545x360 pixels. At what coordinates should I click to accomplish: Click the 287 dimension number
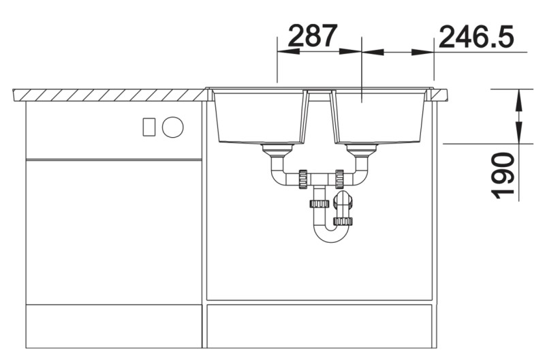[313, 35]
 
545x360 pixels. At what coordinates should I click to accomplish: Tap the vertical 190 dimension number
[503, 175]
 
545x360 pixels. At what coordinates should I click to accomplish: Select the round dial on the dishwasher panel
[173, 127]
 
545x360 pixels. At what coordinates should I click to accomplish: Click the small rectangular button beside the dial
[149, 127]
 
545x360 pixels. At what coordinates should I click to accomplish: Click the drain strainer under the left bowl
[277, 150]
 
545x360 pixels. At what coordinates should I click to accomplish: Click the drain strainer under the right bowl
[362, 150]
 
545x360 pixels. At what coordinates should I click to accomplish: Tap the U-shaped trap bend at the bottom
[331, 237]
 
